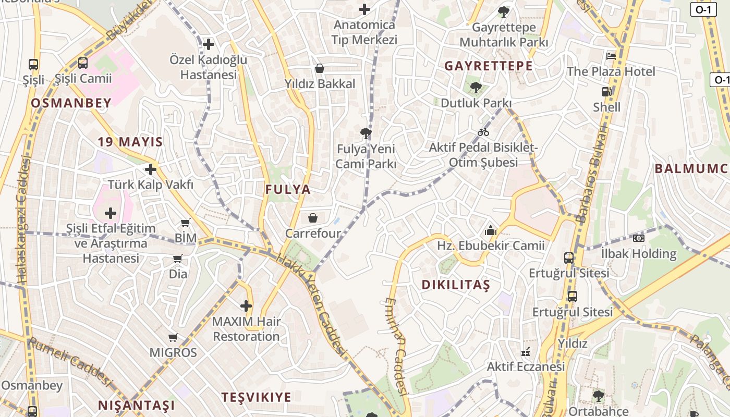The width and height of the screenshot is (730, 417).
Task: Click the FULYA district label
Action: click(x=288, y=189)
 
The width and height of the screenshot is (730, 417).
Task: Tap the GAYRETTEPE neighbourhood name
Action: click(x=489, y=66)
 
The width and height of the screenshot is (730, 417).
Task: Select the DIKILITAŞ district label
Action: click(x=456, y=285)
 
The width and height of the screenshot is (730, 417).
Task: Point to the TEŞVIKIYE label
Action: click(x=256, y=397)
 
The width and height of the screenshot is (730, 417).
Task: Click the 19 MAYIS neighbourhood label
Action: click(x=130, y=142)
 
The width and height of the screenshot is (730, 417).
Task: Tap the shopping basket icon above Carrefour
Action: click(x=313, y=218)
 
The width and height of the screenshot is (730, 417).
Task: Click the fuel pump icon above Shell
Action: click(x=606, y=92)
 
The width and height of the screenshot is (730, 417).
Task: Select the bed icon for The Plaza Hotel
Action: click(x=611, y=56)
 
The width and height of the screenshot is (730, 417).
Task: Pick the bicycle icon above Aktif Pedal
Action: click(x=483, y=132)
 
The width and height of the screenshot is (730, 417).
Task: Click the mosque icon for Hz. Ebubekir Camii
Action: click(x=490, y=230)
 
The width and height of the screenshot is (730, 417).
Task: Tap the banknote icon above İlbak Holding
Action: click(x=639, y=238)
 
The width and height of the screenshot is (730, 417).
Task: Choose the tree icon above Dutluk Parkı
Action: click(x=475, y=87)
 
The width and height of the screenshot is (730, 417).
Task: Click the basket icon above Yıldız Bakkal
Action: click(x=320, y=68)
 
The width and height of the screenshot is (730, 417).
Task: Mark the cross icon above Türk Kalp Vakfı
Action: click(x=151, y=169)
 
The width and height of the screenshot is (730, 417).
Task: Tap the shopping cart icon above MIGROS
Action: click(x=173, y=337)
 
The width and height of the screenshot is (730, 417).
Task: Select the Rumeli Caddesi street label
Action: click(x=70, y=362)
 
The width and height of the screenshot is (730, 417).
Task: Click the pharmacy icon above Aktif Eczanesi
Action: click(x=526, y=352)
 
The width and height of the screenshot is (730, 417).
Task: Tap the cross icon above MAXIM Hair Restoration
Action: click(x=246, y=306)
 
